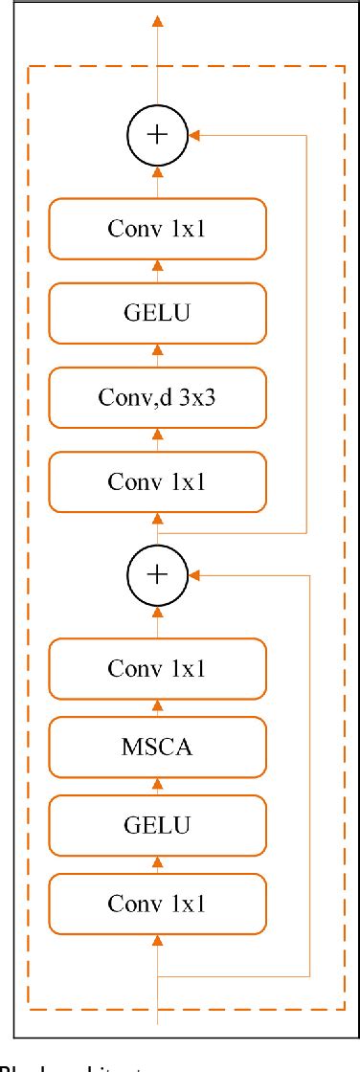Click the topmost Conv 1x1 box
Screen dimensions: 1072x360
tap(158, 229)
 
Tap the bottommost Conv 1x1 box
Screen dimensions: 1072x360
tap(158, 901)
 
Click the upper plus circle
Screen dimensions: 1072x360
tap(158, 135)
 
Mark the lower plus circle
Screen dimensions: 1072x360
tap(158, 574)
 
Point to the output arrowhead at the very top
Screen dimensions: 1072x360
tap(158, 20)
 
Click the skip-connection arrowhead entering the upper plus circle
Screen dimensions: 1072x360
tap(195, 135)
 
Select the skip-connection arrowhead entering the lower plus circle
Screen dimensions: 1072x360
tap(195, 574)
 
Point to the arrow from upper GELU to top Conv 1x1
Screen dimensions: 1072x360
tap(158, 270)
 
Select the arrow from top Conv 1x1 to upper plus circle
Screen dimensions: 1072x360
tap(158, 178)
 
